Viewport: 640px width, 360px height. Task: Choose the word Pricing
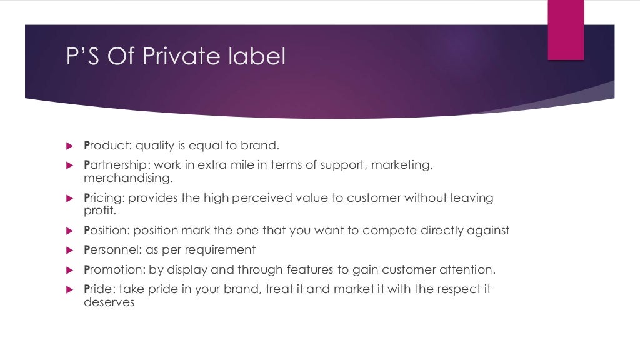[x=101, y=198]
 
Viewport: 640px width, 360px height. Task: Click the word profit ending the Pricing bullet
[x=97, y=211]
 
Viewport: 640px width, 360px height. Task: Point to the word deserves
[x=109, y=303]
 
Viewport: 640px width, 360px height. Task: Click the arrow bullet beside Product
[x=69, y=146]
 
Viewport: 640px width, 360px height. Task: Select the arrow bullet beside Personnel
[x=69, y=251]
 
